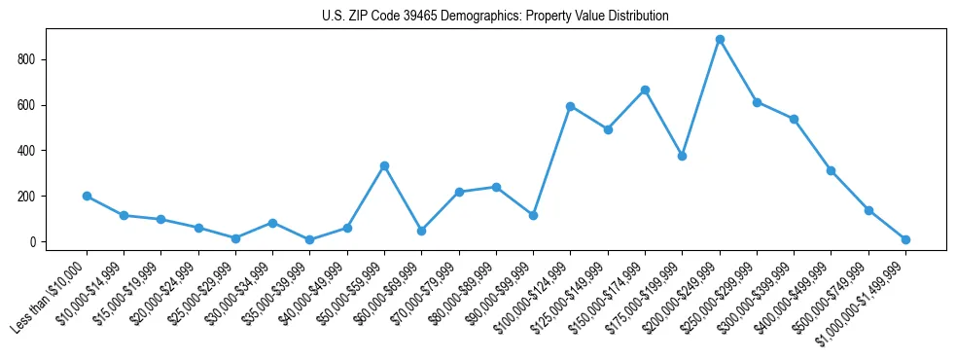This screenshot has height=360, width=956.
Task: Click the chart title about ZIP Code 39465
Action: tap(495, 17)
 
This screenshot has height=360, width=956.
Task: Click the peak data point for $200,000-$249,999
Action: tap(720, 40)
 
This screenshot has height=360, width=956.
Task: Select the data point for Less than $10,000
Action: tap(87, 196)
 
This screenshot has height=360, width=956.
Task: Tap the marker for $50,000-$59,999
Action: tap(384, 165)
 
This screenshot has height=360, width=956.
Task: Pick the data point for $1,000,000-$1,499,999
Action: tap(905, 239)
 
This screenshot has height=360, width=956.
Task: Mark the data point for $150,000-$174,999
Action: tap(645, 90)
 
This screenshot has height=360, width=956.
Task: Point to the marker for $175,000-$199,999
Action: tap(682, 156)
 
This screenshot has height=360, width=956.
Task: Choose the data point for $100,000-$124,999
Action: tap(571, 106)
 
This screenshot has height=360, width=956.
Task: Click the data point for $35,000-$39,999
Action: tap(309, 239)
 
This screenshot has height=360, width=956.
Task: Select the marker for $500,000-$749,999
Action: tap(868, 210)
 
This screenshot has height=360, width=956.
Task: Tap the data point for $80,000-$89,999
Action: tap(496, 187)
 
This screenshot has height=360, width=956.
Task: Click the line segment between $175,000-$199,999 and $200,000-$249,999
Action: tap(701, 97)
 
